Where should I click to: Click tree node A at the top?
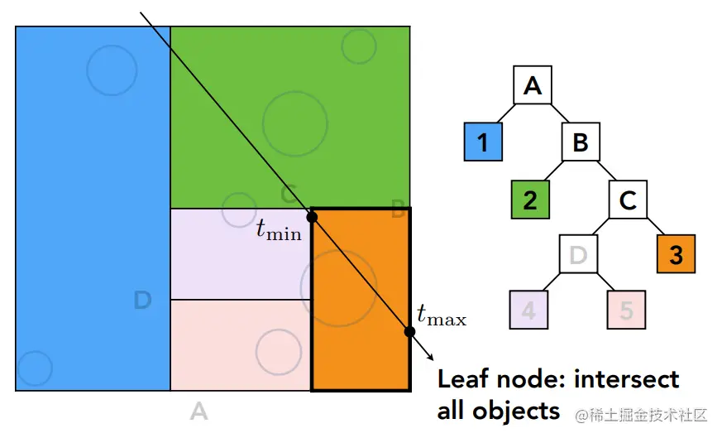tap(533, 85)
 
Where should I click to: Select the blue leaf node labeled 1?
tap(484, 142)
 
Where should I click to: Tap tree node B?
tap(581, 142)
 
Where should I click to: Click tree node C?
tap(628, 199)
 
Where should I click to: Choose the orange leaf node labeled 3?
tap(677, 254)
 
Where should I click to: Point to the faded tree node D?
tap(579, 254)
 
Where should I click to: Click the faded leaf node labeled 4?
tap(530, 310)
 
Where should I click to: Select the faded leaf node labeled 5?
tap(627, 310)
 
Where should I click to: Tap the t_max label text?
tap(442, 315)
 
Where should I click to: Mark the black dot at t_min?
tap(312, 217)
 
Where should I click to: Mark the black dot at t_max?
tap(409, 332)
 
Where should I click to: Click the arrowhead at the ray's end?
tap(430, 357)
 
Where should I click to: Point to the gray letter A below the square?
tap(198, 410)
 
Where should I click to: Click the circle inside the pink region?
tap(278, 351)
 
